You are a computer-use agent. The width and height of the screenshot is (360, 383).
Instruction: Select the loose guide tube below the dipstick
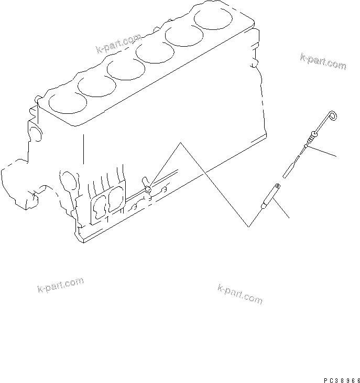click(270, 197)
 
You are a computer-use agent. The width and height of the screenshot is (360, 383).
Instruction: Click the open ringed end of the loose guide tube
click(277, 186)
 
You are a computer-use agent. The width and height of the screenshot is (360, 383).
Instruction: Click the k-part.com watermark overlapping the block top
click(119, 44)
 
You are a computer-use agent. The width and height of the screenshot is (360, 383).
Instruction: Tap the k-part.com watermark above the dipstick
click(323, 61)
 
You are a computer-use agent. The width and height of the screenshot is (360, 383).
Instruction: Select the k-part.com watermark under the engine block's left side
click(60, 284)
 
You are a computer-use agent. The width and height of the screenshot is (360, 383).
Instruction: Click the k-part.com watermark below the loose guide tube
click(239, 294)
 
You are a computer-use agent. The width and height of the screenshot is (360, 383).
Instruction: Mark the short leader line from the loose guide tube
click(281, 210)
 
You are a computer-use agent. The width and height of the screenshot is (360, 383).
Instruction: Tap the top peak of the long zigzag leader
click(180, 142)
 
